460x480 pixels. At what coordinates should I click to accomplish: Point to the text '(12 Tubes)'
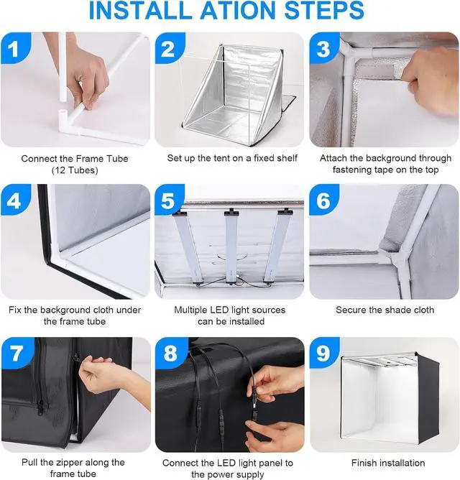75,170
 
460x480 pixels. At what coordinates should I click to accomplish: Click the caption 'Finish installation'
388,462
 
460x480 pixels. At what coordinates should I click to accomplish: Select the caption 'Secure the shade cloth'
385,310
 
